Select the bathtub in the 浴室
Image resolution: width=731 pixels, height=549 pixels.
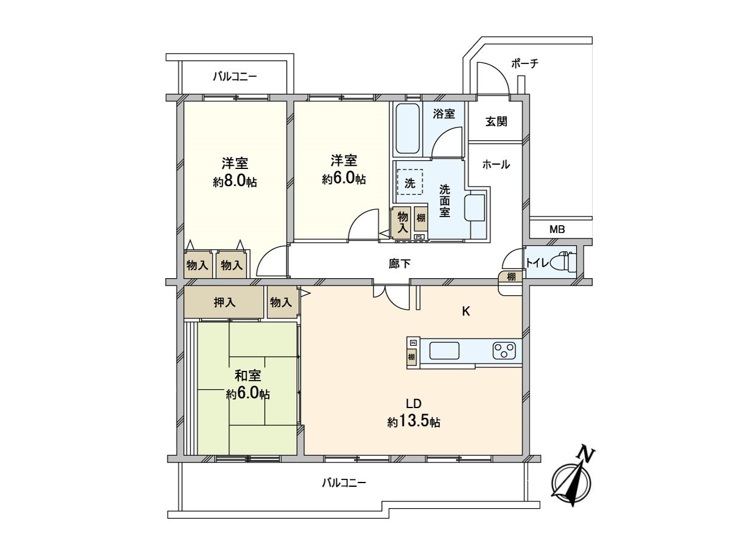point(407,129)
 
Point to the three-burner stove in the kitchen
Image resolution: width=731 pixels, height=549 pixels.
point(504,351)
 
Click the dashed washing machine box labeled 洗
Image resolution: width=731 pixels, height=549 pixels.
point(410,182)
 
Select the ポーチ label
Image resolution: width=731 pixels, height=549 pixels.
point(525,63)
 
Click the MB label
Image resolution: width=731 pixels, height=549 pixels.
point(557,229)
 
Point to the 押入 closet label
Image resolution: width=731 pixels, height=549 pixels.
point(225,302)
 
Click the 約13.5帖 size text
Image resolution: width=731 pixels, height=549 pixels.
point(414,422)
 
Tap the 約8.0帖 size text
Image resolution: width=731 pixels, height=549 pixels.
point(235,181)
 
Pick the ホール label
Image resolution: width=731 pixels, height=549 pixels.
point(495,164)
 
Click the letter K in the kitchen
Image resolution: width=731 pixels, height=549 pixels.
point(465,312)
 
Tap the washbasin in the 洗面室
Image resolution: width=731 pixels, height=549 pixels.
point(475,208)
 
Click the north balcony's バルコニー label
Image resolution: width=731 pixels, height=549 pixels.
point(235,77)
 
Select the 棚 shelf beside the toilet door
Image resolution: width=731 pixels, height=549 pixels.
point(511,276)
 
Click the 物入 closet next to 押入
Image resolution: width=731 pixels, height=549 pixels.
point(281,302)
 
